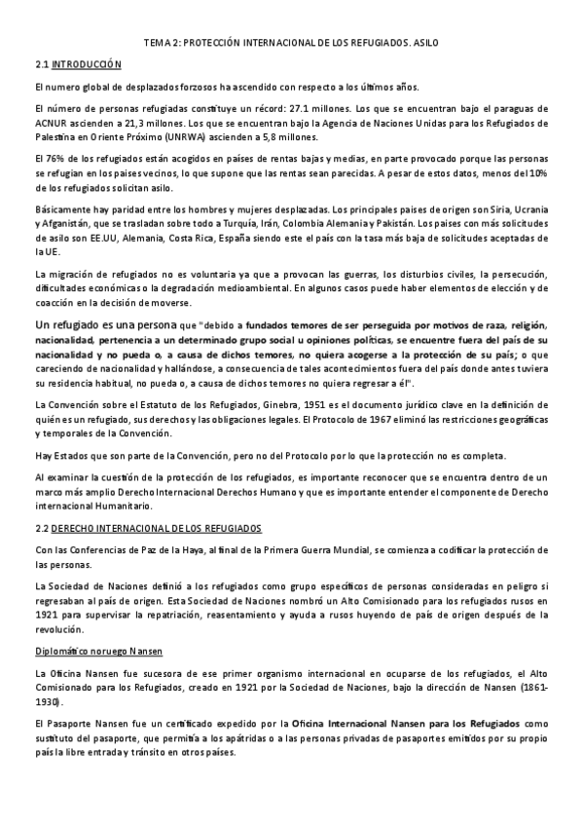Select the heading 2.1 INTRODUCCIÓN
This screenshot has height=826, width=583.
(x=78, y=64)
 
